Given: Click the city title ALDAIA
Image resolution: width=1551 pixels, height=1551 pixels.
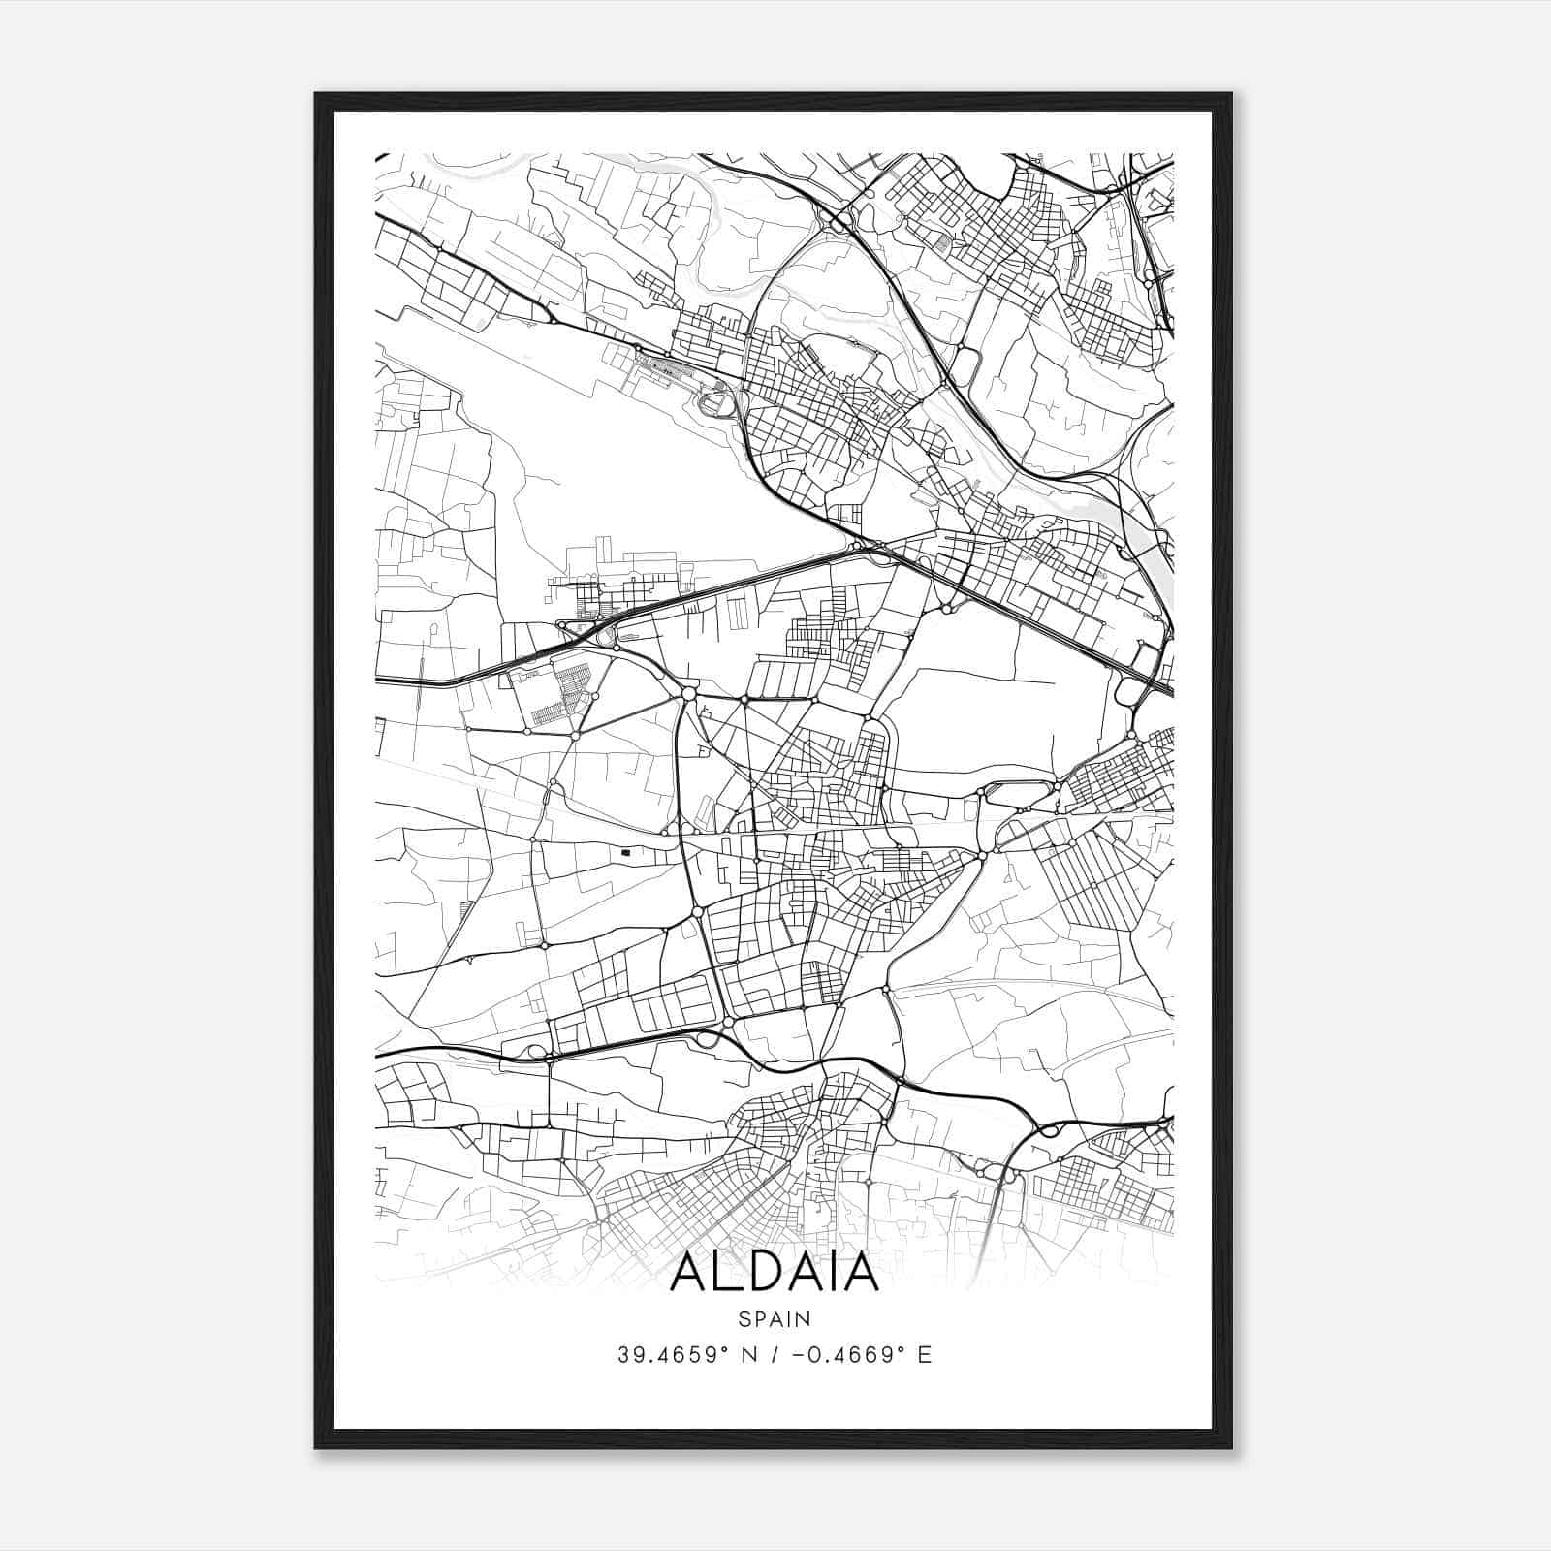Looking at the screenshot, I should (774, 1273).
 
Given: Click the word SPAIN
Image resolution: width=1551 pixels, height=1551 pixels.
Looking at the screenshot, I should (774, 1318).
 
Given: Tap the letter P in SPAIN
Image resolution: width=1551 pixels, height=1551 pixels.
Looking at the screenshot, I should (759, 1318).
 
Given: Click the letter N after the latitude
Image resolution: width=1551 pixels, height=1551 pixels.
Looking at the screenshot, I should (748, 1355).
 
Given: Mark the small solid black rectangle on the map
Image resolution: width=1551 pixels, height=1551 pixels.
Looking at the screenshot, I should (626, 852).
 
